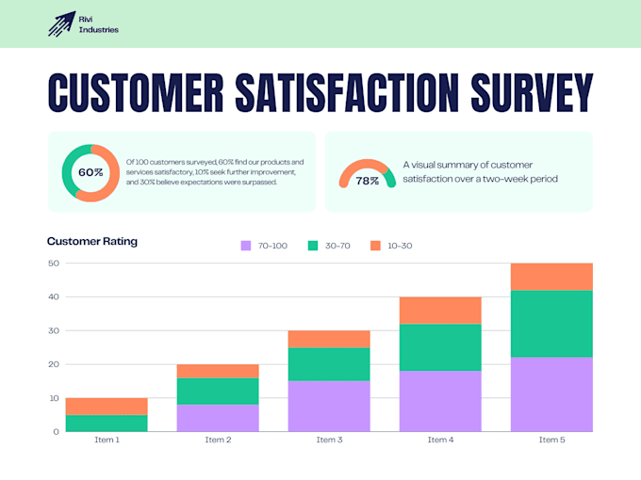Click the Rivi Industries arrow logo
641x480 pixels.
click(x=61, y=24)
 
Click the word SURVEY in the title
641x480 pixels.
click(x=532, y=92)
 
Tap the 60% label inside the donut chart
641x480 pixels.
click(x=90, y=172)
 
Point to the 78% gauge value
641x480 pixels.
click(x=367, y=181)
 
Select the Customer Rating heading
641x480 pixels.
click(x=92, y=241)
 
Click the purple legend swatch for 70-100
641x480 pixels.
click(x=246, y=246)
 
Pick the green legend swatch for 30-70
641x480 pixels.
click(x=313, y=246)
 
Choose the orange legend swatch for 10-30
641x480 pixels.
click(x=375, y=246)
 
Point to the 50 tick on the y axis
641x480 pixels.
click(x=54, y=264)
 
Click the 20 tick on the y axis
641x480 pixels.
click(x=54, y=364)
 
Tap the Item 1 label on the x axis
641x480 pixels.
click(x=107, y=440)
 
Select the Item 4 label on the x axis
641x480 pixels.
click(x=440, y=440)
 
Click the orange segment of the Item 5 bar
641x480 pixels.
click(x=551, y=277)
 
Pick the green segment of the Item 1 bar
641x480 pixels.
click(x=107, y=424)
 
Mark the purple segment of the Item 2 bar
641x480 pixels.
click(x=218, y=418)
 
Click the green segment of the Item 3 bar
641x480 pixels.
click(x=329, y=364)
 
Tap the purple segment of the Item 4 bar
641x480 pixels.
click(x=440, y=401)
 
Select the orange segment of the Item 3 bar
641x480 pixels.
click(x=329, y=339)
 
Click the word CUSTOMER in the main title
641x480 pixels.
click(x=136, y=92)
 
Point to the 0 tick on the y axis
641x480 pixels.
click(x=56, y=431)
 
